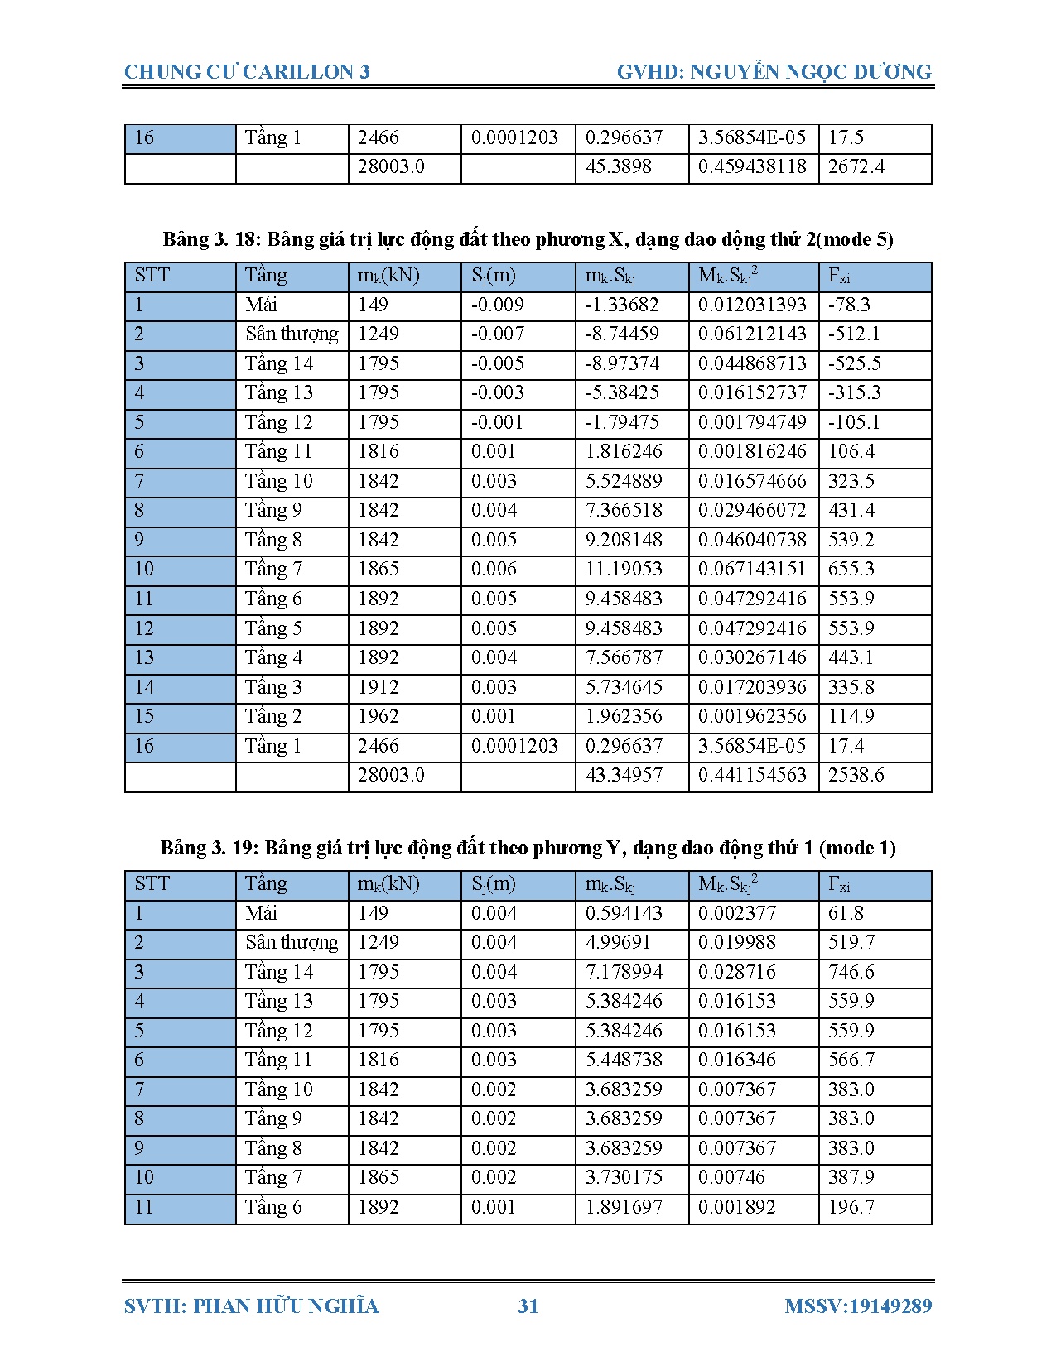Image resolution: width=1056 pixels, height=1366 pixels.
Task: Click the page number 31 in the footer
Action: click(528, 1306)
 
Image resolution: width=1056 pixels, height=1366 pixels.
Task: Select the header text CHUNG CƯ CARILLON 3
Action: click(247, 72)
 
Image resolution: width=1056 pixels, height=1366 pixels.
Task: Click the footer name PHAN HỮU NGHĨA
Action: click(286, 1306)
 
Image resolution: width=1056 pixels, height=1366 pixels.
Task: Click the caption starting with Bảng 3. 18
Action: click(528, 239)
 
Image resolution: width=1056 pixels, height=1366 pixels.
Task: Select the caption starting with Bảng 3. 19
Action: click(528, 848)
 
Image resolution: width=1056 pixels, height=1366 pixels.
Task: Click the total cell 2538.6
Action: click(856, 775)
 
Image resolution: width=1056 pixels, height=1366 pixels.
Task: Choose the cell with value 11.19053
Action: click(624, 569)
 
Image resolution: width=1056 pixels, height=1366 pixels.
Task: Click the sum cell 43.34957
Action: click(624, 775)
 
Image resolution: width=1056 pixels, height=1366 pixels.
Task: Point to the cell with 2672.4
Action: click(856, 166)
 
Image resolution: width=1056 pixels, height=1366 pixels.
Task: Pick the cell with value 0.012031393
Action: click(752, 305)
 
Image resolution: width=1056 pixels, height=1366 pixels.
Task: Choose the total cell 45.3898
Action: click(618, 166)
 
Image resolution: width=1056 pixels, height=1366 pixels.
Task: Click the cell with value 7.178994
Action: click(624, 972)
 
